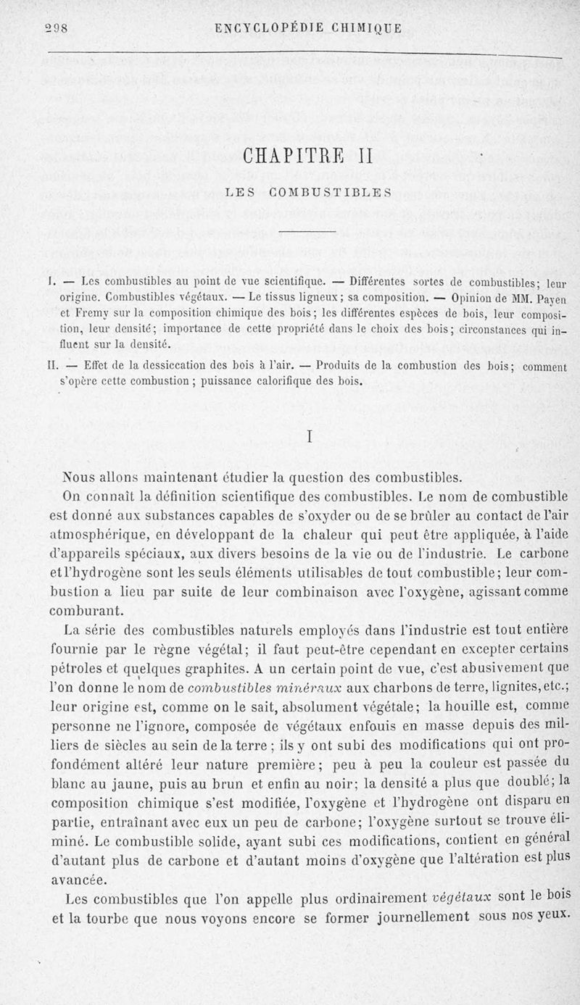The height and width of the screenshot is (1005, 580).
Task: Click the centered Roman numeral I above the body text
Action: (x=310, y=438)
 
